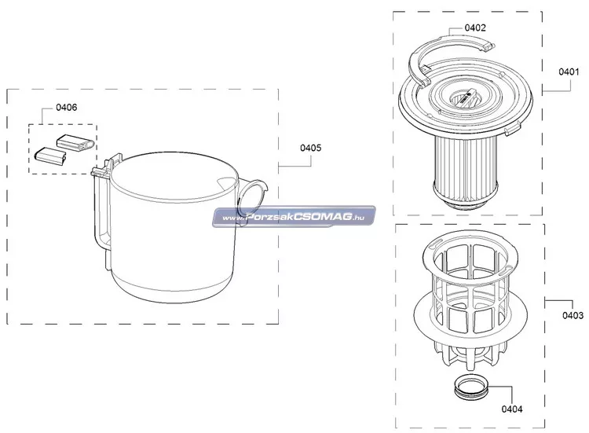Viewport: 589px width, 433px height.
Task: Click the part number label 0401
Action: coord(569,72)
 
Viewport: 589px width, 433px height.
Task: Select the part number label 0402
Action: coord(475,28)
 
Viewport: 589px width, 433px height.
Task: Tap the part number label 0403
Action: coord(573,315)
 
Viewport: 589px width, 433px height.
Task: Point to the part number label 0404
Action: coord(512,409)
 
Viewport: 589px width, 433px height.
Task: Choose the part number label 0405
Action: coord(311,148)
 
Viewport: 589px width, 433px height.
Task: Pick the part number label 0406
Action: coord(67,107)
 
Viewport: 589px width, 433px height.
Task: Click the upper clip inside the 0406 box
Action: coord(76,142)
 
